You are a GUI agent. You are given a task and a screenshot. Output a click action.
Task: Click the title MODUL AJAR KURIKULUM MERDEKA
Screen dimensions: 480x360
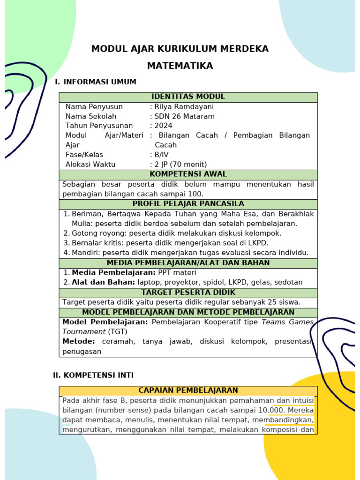pyautogui.click(x=180, y=49)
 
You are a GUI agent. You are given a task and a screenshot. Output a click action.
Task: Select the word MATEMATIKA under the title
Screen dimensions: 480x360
pyautogui.click(x=180, y=66)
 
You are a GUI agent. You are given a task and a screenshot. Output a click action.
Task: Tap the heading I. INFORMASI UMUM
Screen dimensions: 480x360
pyautogui.click(x=96, y=82)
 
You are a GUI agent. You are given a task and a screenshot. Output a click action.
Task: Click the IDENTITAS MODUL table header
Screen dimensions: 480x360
pyautogui.click(x=188, y=97)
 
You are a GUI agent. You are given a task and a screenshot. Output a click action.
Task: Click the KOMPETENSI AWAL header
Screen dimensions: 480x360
pyautogui.click(x=188, y=174)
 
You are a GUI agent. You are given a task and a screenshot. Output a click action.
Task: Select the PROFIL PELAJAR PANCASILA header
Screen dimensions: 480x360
pyautogui.click(x=188, y=204)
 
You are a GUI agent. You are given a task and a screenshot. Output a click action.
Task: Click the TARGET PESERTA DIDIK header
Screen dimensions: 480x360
pyautogui.click(x=188, y=292)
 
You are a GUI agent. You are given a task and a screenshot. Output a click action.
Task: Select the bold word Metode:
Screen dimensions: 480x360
pyautogui.click(x=79, y=342)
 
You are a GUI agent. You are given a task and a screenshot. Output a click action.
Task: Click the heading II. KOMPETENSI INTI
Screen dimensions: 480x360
pyautogui.click(x=93, y=375)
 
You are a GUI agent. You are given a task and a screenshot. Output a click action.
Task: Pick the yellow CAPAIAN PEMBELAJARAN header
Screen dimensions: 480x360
pyautogui.click(x=188, y=390)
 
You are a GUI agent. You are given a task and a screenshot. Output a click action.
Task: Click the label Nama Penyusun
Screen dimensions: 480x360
pyautogui.click(x=94, y=107)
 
